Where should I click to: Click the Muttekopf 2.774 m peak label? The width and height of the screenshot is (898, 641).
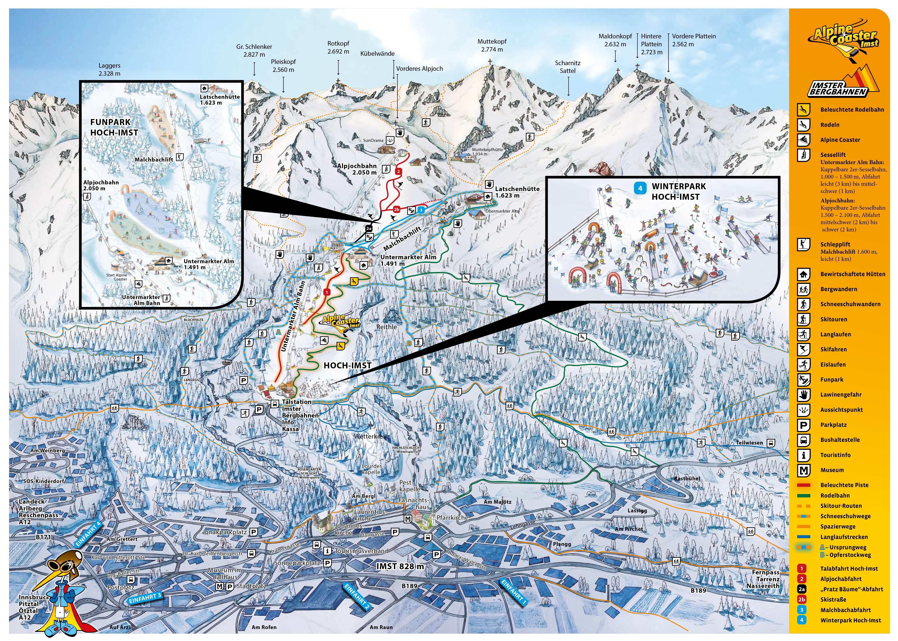492,45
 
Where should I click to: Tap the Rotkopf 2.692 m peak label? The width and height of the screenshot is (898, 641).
338,47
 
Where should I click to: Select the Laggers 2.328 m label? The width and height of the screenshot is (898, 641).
109,69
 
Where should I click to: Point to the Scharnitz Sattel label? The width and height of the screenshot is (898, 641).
567,67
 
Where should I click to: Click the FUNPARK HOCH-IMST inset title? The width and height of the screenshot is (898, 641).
114,127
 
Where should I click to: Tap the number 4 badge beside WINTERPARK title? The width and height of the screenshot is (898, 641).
640,188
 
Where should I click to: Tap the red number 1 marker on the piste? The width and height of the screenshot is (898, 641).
327,292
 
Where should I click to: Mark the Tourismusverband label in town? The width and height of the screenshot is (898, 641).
361,551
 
